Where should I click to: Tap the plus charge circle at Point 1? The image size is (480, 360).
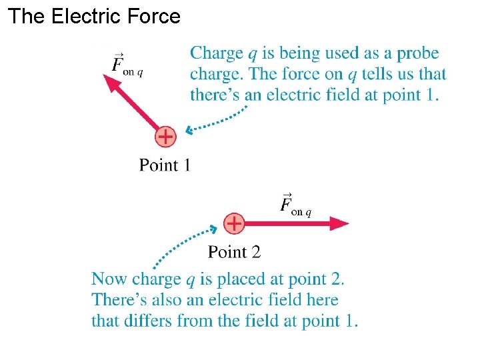[165, 137]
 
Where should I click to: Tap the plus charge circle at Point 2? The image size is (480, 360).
[234, 223]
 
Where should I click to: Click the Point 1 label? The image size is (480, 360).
[165, 165]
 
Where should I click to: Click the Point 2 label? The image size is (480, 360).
[234, 251]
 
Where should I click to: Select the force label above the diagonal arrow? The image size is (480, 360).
[126, 65]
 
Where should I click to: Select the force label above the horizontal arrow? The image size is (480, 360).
[295, 205]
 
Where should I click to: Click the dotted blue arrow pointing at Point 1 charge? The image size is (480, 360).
[217, 121]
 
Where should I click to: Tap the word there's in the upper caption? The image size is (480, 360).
[216, 95]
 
